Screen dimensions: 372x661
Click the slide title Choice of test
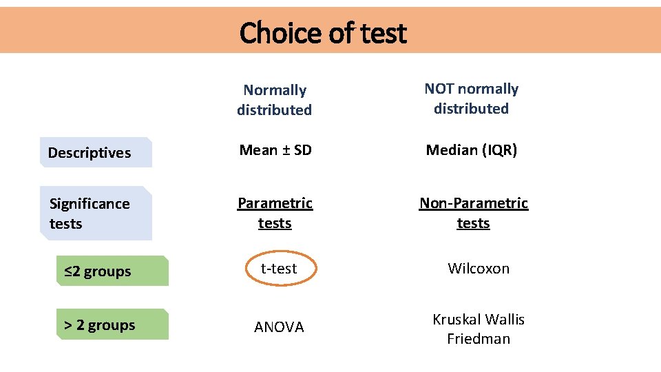[323, 32]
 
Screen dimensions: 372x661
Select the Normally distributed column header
[275, 100]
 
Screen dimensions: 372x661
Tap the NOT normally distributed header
[472, 99]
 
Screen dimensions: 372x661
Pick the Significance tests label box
[96, 214]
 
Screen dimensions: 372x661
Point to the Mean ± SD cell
[275, 149]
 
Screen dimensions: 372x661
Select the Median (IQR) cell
[472, 149]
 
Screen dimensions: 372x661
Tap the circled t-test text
[279, 269]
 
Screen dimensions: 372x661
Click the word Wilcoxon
[479, 269]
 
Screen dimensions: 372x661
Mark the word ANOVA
[279, 327]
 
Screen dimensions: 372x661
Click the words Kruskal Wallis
[479, 320]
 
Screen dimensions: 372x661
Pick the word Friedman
[479, 339]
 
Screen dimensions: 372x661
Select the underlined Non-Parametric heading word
[474, 203]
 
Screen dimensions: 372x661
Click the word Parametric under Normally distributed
[275, 203]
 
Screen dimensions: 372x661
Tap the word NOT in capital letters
[439, 89]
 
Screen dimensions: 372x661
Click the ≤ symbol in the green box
[69, 271]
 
